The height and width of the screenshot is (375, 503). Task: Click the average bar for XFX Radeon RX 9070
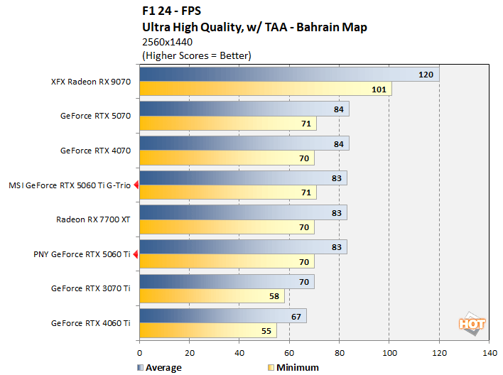(x=289, y=75)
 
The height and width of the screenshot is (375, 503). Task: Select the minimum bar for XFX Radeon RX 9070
(x=265, y=89)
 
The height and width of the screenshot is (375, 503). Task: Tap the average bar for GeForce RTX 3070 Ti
(x=227, y=282)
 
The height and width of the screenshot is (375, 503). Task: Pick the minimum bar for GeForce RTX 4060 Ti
(x=208, y=331)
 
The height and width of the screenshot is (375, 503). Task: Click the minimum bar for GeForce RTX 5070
(x=228, y=124)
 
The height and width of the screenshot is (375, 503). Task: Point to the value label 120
(x=426, y=75)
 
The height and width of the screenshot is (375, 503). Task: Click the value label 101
(x=378, y=89)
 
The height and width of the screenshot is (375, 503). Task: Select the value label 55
(x=265, y=331)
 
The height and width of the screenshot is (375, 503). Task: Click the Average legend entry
(x=158, y=367)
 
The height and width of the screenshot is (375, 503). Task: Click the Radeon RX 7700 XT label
(x=93, y=219)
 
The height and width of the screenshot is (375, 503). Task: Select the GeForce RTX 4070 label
(x=95, y=151)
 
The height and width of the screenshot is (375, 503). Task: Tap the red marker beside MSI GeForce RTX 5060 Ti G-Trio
(x=136, y=185)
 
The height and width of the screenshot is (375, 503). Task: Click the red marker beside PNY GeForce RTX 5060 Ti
(x=136, y=254)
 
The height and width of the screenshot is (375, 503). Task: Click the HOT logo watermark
(x=472, y=323)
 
